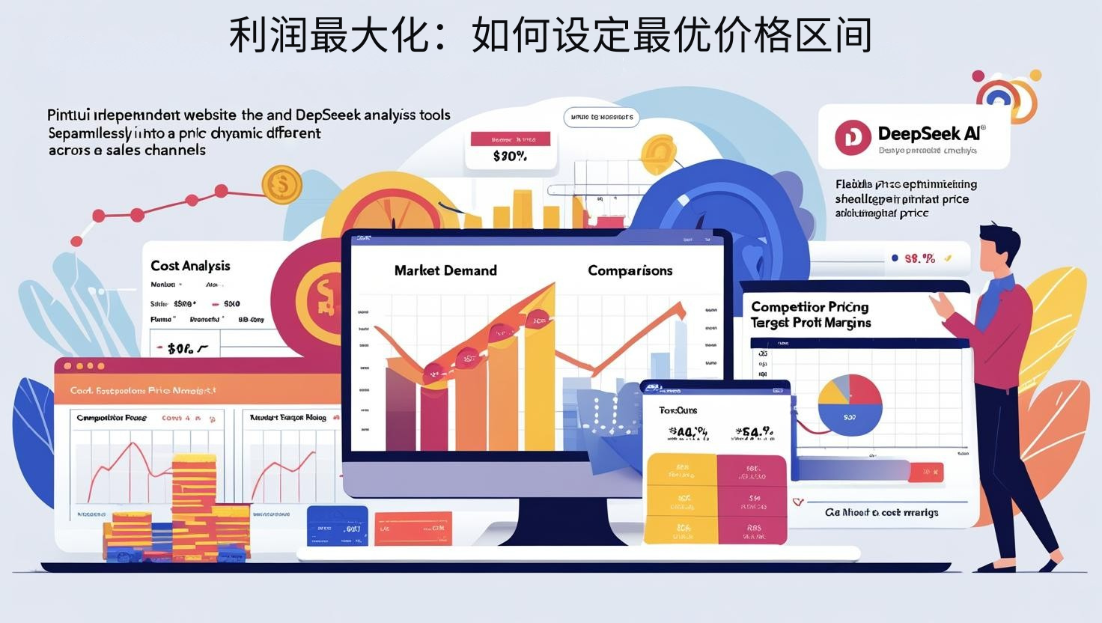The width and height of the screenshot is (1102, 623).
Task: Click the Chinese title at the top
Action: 550,36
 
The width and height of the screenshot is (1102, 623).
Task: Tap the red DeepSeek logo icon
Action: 853,139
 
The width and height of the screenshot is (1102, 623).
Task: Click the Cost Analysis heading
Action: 190,266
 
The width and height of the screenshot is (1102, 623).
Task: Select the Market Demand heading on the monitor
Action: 445,270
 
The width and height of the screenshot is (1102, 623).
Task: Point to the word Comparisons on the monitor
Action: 630,270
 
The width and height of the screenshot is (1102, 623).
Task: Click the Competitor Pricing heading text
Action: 809,307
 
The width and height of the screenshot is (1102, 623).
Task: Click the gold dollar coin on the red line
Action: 281,183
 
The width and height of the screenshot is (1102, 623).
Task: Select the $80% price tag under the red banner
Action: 510,156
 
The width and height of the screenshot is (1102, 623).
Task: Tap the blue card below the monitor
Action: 338,526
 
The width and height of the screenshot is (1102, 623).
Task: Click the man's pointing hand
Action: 939,303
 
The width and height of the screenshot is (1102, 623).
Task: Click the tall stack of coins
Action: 194,494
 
